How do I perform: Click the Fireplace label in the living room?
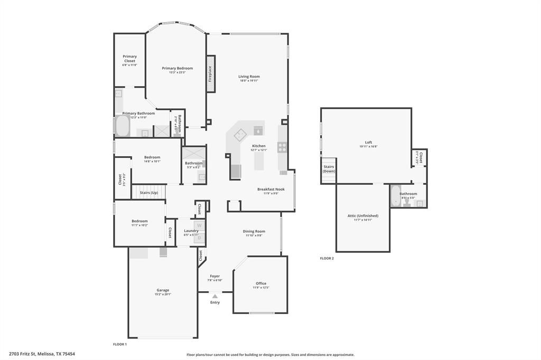210,73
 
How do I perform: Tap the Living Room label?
249,77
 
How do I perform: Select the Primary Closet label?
129,59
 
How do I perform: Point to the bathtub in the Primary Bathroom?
123,127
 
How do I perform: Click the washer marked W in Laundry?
199,226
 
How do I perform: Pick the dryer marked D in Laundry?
199,238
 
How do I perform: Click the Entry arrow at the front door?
215,297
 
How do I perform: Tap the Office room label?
261,283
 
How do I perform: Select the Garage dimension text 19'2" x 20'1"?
163,295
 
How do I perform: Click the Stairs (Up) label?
148,193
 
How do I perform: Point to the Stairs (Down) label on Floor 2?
329,169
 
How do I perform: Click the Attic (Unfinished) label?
363,215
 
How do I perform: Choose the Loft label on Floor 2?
368,143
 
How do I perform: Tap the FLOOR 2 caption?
327,259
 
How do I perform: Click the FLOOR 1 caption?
120,344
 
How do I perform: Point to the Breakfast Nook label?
271,189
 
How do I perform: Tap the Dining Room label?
254,231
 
